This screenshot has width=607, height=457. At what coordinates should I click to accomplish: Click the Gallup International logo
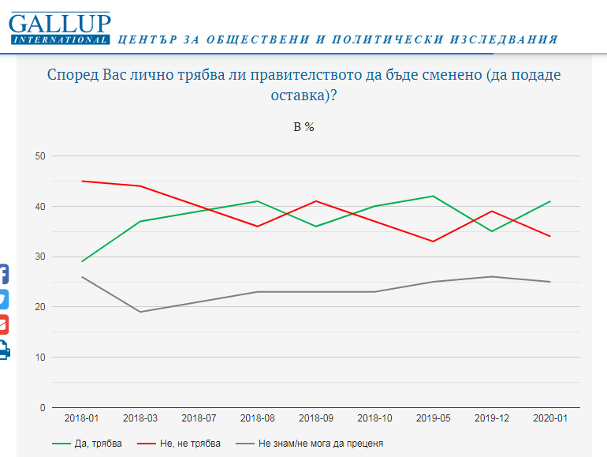point(60,28)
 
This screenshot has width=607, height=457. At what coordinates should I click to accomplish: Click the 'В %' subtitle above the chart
point(303,126)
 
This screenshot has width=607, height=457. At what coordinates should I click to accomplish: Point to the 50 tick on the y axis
point(39,156)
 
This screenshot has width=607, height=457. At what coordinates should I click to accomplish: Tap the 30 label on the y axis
point(39,257)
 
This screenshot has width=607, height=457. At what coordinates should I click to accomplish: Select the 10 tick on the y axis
point(39,358)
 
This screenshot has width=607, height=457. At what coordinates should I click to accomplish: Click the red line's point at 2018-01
point(82,182)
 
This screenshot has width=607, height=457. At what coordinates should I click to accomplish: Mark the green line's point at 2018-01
point(82,261)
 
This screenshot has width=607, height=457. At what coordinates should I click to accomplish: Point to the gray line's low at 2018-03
point(140,312)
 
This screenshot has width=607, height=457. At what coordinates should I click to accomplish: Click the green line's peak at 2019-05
point(433,196)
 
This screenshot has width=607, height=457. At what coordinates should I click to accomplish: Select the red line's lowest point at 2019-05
point(433,242)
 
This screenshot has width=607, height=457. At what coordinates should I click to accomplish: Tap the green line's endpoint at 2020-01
point(549,201)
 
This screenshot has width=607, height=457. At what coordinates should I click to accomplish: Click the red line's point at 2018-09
point(316,201)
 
